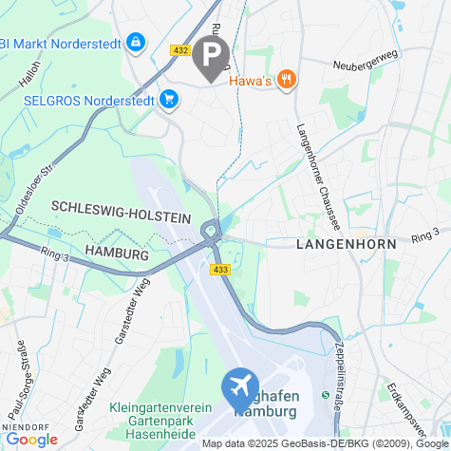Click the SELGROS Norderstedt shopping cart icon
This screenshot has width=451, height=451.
[169, 99]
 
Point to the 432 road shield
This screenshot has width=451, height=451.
[181, 49]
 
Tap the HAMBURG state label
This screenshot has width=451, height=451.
[117, 254]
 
